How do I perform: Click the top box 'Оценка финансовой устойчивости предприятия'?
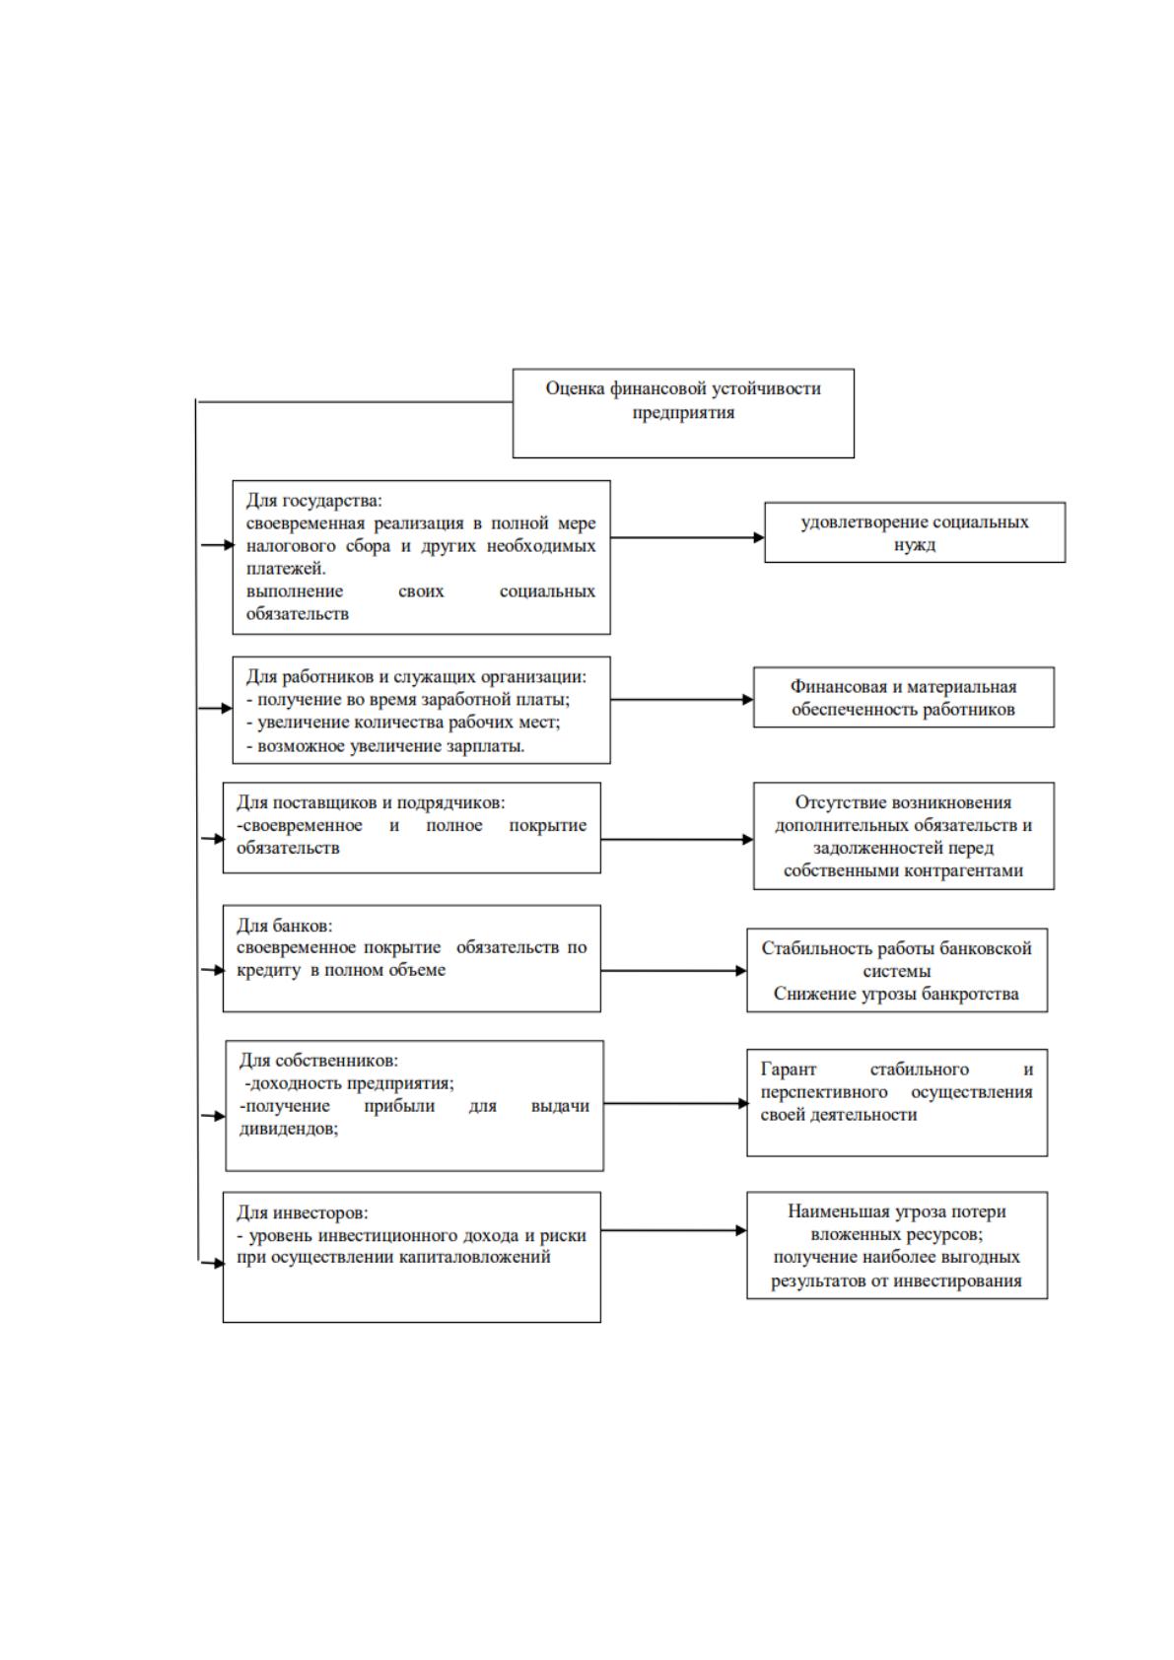click(x=682, y=413)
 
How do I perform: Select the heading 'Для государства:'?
click(x=314, y=500)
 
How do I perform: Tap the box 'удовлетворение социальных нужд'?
click(x=915, y=532)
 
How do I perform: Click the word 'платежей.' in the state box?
click(x=286, y=569)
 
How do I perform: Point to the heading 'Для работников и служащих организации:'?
click(x=417, y=676)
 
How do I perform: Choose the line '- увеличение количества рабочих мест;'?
click(x=403, y=722)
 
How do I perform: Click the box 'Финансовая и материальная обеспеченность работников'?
click(x=904, y=697)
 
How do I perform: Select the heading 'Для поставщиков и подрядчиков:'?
click(x=371, y=802)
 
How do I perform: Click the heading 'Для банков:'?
click(x=285, y=926)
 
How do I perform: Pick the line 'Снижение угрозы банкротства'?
click(x=896, y=994)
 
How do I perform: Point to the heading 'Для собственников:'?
click(x=318, y=1061)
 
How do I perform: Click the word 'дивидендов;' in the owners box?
click(x=288, y=1129)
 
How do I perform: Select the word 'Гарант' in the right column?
click(x=788, y=1070)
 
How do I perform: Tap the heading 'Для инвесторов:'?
click(x=303, y=1212)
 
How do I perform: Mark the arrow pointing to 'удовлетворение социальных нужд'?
click(x=687, y=537)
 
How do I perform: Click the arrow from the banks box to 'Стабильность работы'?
click(x=673, y=970)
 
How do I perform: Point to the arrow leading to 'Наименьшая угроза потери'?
click(x=673, y=1230)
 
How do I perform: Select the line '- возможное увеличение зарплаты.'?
click(x=385, y=745)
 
